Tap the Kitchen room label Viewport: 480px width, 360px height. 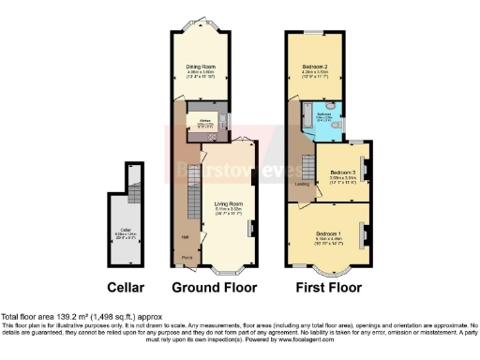pos(205,120)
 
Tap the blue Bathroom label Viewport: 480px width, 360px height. pos(323,116)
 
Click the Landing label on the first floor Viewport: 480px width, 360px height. pos(302,184)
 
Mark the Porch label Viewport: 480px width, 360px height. pos(187,255)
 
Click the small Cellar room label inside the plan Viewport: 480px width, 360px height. pos(126,228)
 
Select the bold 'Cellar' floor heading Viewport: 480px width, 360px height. pos(126,286)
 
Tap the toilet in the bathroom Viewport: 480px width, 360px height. pos(339,124)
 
